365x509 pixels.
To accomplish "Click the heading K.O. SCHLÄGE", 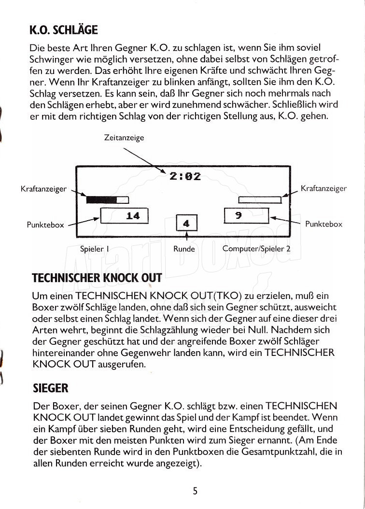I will point(63,30).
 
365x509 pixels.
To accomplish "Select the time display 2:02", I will point(185,176).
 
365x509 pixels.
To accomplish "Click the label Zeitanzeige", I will point(124,138).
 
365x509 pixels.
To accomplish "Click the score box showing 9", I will point(246,215).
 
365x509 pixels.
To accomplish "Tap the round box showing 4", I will point(186,224).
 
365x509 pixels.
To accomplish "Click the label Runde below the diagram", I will point(184,249).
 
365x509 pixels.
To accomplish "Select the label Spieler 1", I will point(94,249).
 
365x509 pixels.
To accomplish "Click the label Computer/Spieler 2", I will point(256,249).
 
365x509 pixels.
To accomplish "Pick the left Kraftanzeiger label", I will point(43,189).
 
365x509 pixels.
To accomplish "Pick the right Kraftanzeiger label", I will point(323,188).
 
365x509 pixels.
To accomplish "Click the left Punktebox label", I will point(45,225).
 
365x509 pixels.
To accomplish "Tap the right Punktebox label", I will point(323,224).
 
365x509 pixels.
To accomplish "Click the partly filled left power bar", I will point(107,199).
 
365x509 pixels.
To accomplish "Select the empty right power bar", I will point(260,199).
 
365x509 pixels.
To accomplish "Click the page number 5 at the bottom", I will point(195,491).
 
